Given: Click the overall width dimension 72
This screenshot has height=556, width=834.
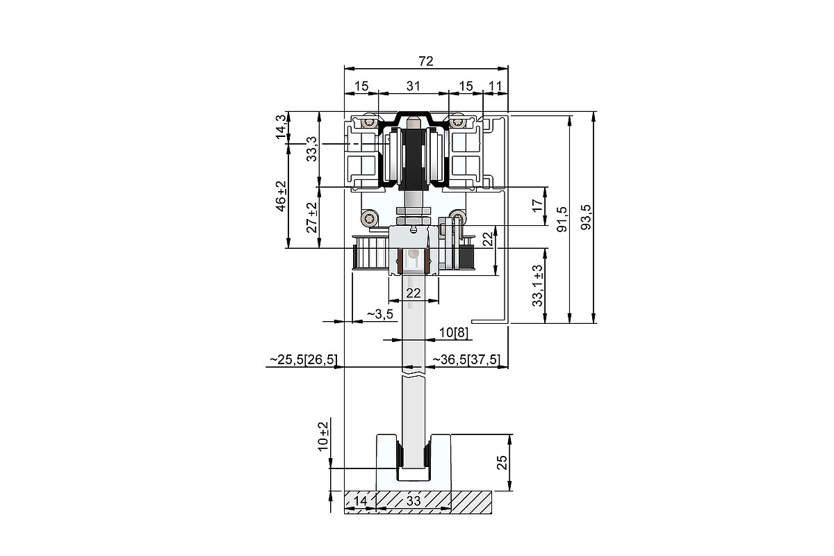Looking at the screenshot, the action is (x=426, y=61).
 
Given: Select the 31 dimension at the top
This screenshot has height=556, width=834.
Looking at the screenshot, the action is (x=413, y=86).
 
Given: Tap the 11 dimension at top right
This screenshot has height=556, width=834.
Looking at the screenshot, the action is (x=495, y=86).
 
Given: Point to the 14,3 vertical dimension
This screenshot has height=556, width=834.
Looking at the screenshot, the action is (x=281, y=127).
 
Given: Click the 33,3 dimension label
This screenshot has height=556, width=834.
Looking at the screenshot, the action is (x=311, y=149).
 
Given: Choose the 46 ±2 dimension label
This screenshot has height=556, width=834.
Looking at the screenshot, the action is (x=281, y=196).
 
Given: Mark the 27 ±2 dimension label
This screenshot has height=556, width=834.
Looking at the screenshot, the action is (x=311, y=218).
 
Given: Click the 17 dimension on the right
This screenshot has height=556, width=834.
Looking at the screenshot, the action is (x=537, y=205).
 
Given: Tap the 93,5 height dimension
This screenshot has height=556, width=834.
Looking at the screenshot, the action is (x=586, y=217).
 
